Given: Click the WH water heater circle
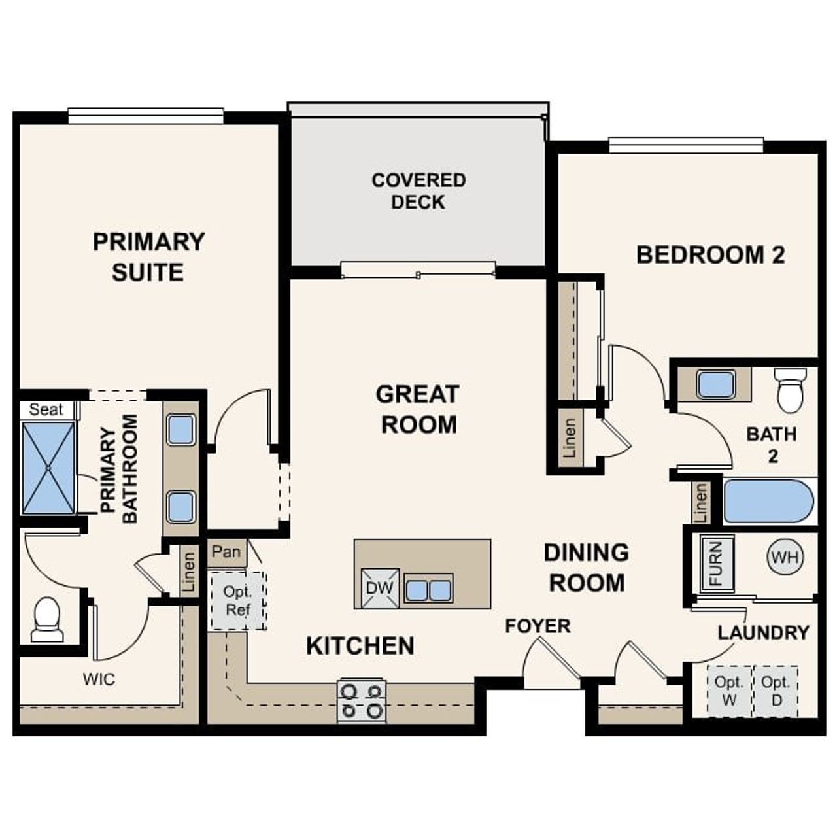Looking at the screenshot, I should [785, 558].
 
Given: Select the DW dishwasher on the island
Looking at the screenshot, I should [379, 587].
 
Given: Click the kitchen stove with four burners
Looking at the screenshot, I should [362, 700].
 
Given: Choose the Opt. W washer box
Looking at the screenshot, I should [729, 691].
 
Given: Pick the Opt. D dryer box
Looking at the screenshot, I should [776, 691].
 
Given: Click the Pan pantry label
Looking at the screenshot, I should [226, 551].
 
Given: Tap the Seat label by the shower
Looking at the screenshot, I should [46, 410].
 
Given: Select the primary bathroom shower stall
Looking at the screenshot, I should [48, 468].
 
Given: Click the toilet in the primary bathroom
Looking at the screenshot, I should [47, 619].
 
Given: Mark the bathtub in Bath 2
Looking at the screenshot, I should [768, 502].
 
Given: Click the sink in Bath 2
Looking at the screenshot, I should [716, 384].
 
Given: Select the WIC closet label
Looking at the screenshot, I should [99, 679].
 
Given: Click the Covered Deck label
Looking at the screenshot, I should [418, 191].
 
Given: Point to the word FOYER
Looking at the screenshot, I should [538, 626].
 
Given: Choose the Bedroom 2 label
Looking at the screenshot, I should [710, 255].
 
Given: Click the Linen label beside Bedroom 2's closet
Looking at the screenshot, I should [570, 438].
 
